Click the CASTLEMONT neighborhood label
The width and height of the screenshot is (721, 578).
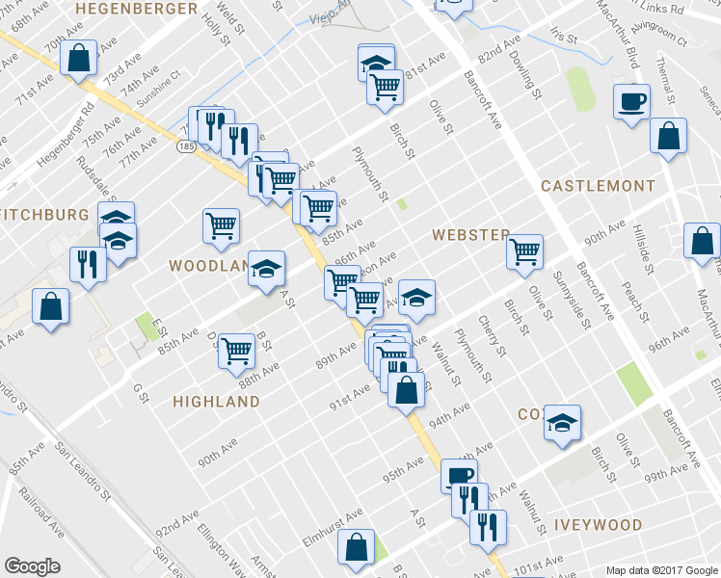(598, 185)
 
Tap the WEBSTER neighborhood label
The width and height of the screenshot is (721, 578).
(470, 235)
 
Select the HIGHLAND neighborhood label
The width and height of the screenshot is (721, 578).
(216, 402)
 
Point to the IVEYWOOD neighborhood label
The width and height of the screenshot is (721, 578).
(598, 525)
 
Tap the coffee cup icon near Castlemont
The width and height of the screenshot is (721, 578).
(631, 101)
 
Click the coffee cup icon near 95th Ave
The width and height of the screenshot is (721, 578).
(459, 476)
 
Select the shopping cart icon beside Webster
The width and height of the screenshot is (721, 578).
(524, 252)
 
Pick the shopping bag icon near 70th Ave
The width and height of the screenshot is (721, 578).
(77, 58)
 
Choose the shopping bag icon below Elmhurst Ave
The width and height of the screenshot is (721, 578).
(356, 547)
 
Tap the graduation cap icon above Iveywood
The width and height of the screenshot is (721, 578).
(562, 423)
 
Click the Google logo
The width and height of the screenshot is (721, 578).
(32, 566)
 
